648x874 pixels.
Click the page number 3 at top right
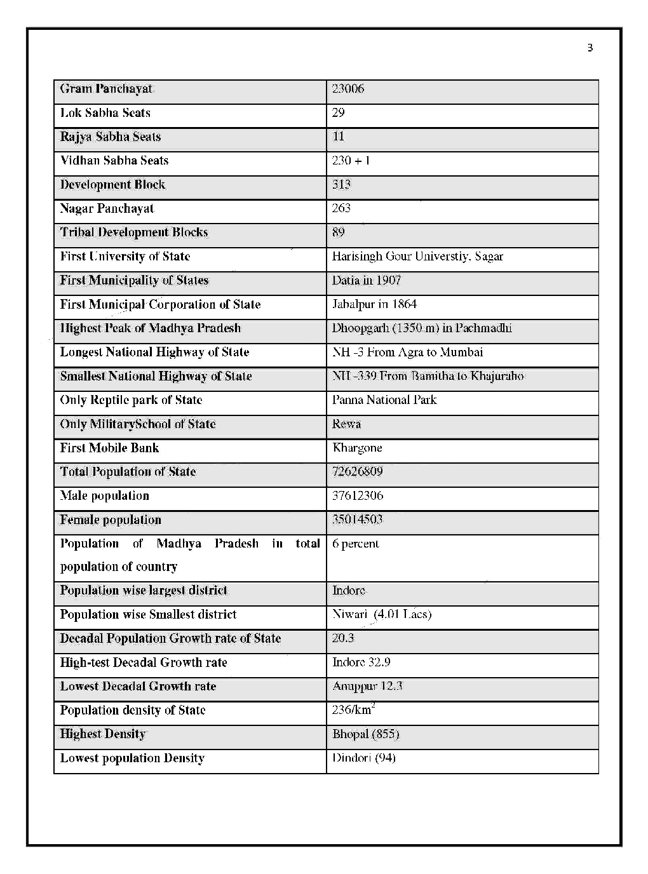click(x=590, y=48)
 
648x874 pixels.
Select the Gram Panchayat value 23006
click(x=348, y=89)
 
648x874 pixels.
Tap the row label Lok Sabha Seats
click(x=105, y=113)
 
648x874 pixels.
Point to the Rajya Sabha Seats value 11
click(x=338, y=137)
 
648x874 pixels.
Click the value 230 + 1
click(x=351, y=161)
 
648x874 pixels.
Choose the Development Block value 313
click(x=341, y=184)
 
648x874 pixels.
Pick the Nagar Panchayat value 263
click(x=341, y=208)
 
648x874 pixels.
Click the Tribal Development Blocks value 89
click(x=338, y=232)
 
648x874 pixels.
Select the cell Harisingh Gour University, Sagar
click(x=417, y=257)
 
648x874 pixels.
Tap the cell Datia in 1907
click(x=367, y=280)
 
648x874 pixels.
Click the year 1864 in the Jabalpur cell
click(x=404, y=304)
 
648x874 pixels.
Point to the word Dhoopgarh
click(x=361, y=328)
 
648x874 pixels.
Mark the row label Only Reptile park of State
click(x=131, y=400)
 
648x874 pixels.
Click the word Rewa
click(x=346, y=424)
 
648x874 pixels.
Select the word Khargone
click(x=357, y=448)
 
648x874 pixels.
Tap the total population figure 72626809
click(x=357, y=472)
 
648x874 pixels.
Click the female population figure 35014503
click(x=357, y=520)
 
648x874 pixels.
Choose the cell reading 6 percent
click(x=355, y=544)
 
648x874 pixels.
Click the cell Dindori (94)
click(x=363, y=758)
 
